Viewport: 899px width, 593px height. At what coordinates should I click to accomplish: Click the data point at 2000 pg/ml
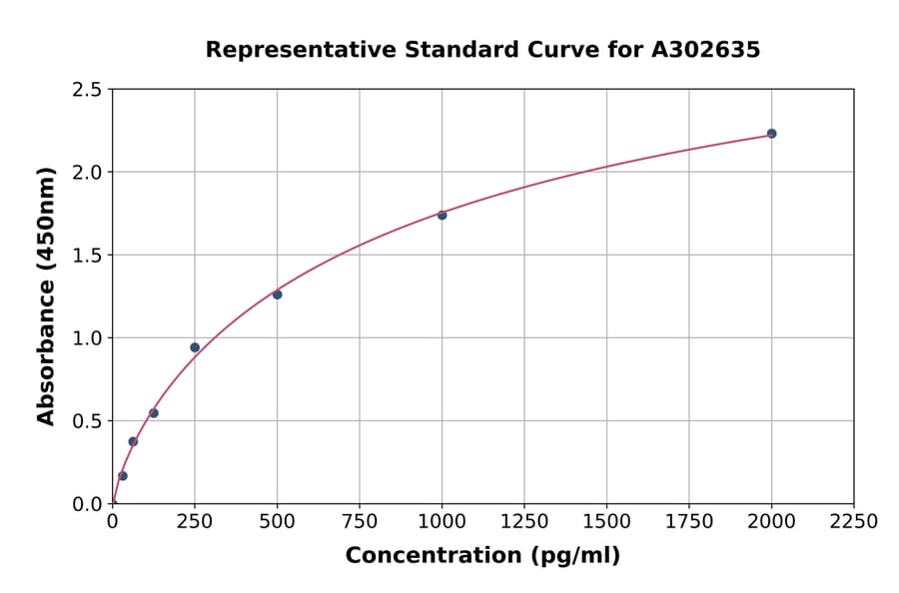[771, 134]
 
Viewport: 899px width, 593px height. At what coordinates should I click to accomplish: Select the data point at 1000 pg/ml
[442, 215]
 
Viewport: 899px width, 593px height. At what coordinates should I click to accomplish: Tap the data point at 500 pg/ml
[277, 295]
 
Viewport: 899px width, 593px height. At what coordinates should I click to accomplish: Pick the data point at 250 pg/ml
[195, 347]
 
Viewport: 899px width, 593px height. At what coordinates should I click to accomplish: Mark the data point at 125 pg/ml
[154, 413]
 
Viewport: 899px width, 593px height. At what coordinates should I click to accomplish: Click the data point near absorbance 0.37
[133, 441]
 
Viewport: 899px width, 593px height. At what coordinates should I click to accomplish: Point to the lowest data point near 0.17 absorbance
[123, 476]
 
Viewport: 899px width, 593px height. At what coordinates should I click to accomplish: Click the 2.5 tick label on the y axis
[87, 90]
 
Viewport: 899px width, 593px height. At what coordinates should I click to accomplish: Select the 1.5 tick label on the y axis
[87, 256]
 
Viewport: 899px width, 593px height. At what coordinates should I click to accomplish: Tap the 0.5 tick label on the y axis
[87, 421]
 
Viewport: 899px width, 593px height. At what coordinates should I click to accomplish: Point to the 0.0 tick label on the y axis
[87, 504]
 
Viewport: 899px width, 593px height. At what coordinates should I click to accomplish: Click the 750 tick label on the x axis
[360, 522]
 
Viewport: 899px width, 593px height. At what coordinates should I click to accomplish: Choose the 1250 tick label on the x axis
[524, 522]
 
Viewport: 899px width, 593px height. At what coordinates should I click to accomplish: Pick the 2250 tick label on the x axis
[854, 522]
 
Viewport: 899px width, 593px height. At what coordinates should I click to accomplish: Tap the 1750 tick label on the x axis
[689, 522]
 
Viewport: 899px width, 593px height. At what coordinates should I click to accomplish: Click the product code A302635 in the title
[706, 50]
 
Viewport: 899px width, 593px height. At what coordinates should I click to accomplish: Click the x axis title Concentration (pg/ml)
[482, 556]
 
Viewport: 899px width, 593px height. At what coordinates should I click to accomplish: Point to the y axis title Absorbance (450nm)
[46, 296]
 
